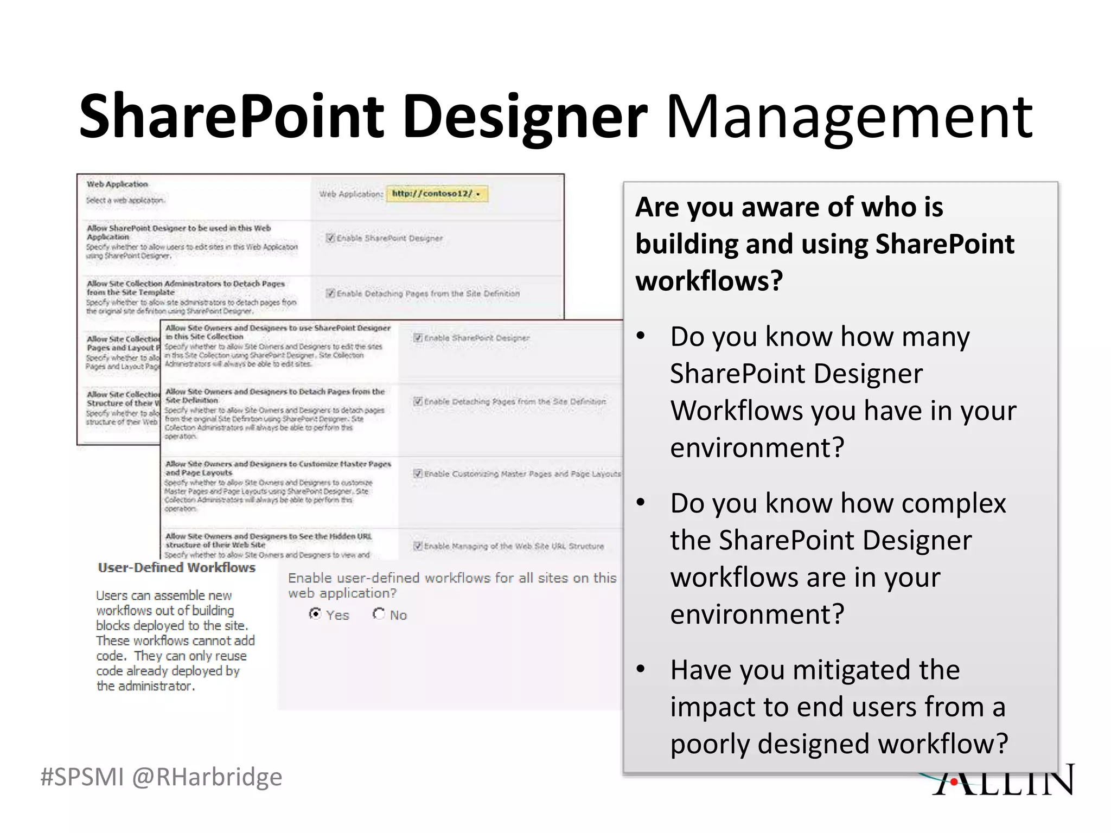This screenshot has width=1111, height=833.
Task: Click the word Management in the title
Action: tap(849, 117)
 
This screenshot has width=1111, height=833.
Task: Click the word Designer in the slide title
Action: tap(525, 117)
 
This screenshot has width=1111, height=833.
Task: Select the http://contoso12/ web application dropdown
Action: tap(437, 194)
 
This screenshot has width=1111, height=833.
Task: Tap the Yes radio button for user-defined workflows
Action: tap(315, 614)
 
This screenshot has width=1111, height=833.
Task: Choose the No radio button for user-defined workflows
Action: tap(379, 614)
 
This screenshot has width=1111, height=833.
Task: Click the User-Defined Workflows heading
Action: tap(176, 568)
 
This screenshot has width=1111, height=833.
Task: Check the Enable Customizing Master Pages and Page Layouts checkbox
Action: tap(418, 473)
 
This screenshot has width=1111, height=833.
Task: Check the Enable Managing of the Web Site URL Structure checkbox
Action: tap(418, 546)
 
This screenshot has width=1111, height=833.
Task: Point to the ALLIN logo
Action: tap(1004, 781)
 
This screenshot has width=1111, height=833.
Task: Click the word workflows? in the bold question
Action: tap(709, 281)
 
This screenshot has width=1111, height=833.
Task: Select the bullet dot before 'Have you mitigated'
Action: tap(641, 670)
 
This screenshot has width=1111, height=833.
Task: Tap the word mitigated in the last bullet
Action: tap(851, 670)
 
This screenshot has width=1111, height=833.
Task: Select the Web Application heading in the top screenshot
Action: tap(117, 184)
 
